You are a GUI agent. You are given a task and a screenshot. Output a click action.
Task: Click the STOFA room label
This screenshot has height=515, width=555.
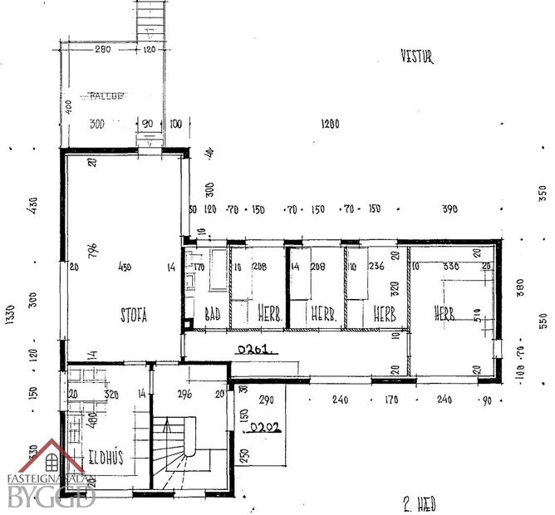tap(133, 316)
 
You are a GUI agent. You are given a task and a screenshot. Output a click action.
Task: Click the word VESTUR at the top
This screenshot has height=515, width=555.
tap(416, 58)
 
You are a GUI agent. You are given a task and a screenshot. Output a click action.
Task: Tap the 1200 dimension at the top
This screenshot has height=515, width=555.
tap(331, 124)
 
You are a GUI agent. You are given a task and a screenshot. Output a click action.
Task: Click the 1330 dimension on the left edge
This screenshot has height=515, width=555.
tap(10, 318)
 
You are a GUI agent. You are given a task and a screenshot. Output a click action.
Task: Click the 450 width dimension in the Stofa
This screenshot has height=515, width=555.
tap(125, 267)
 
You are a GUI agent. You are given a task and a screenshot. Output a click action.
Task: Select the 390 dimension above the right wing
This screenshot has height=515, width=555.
tap(449, 208)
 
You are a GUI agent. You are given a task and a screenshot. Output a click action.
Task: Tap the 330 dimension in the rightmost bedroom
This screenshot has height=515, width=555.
tap(451, 267)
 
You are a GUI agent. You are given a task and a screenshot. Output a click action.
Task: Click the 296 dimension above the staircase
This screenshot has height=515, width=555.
tap(185, 395)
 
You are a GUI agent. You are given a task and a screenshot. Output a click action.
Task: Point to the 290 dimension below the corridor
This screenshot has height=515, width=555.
tap(267, 400)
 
